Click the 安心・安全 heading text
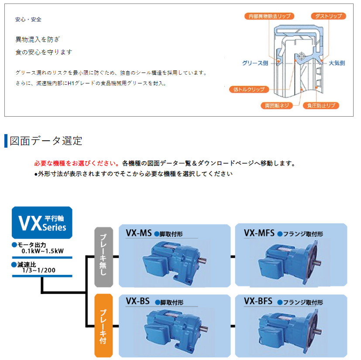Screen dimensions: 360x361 pyautogui.click(x=28, y=20)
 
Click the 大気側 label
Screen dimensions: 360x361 pyautogui.click(x=336, y=63)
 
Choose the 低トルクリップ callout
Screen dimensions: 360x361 pyautogui.click(x=250, y=90)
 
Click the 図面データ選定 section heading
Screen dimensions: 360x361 pyautogui.click(x=46, y=141)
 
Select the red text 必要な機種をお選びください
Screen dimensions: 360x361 pyautogui.click(x=77, y=163)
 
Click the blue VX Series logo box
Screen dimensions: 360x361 pyautogui.click(x=42, y=222)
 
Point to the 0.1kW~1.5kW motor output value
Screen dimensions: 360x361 pyautogui.click(x=43, y=251)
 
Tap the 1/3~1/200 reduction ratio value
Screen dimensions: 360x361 pyautogui.click(x=39, y=270)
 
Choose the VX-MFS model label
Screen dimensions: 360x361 pyautogui.click(x=259, y=233)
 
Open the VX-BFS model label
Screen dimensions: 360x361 pyautogui.click(x=258, y=301)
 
